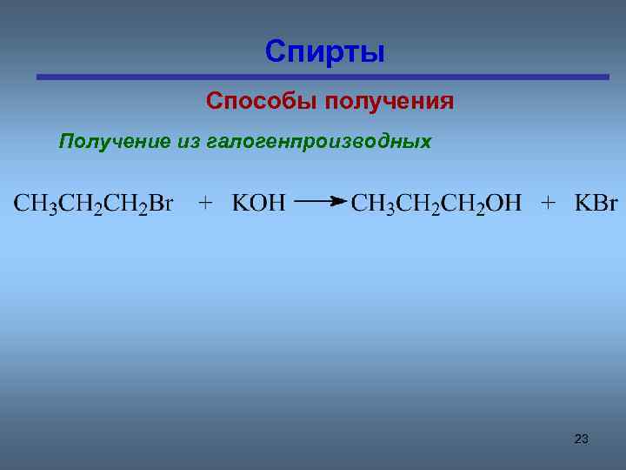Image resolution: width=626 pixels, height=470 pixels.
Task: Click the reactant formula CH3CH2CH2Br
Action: pos(94,204)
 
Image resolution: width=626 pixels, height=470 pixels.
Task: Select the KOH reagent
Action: pos(258,204)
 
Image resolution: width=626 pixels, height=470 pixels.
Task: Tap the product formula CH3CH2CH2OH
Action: pos(436,204)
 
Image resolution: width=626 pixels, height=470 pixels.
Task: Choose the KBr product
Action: pos(596,204)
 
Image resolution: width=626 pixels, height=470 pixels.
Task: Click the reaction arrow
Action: pos(320,202)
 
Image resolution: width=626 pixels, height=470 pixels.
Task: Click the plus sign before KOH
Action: pos(205,204)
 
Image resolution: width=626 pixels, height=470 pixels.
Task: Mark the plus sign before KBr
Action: pos(549,204)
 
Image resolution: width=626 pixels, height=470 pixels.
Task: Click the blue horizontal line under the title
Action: pos(323,77)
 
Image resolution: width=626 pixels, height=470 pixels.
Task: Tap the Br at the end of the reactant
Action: pos(161,204)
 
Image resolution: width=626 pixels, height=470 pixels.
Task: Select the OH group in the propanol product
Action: pos(504,204)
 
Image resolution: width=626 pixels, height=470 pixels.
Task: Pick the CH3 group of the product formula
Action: pos(371,204)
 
